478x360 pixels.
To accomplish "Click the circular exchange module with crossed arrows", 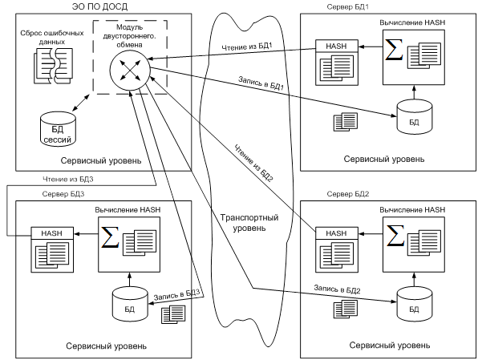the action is pyautogui.click(x=130, y=70).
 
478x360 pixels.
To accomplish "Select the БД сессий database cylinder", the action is pyautogui.click(x=58, y=129).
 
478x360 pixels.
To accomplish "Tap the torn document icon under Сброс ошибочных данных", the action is pyautogui.click(x=54, y=66).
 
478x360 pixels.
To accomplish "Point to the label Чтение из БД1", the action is pyautogui.click(x=247, y=47).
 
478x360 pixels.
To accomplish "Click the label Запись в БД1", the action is pyautogui.click(x=261, y=83).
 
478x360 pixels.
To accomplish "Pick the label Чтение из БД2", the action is pyautogui.click(x=253, y=163).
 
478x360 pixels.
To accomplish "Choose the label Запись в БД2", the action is pyautogui.click(x=337, y=289).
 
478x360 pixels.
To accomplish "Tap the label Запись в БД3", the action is pyautogui.click(x=176, y=294).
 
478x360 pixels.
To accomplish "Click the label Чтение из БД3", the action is pyautogui.click(x=68, y=180).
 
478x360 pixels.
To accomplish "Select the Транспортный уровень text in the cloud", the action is pyautogui.click(x=249, y=223).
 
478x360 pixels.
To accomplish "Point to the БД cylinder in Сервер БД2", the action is pyautogui.click(x=415, y=304).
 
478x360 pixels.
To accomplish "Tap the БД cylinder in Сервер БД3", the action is pyautogui.click(x=130, y=304).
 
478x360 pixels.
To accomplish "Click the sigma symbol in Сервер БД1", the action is pyautogui.click(x=394, y=50).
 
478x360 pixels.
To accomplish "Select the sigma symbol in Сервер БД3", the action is pyautogui.click(x=110, y=237).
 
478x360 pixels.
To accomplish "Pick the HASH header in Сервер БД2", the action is pyautogui.click(x=337, y=233).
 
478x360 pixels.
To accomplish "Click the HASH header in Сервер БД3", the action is pyautogui.click(x=52, y=233).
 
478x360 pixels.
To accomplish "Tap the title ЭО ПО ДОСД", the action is pyautogui.click(x=100, y=6).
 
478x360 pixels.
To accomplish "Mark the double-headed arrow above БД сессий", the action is pyautogui.click(x=81, y=103).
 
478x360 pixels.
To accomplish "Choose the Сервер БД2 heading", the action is pyautogui.click(x=348, y=194).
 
